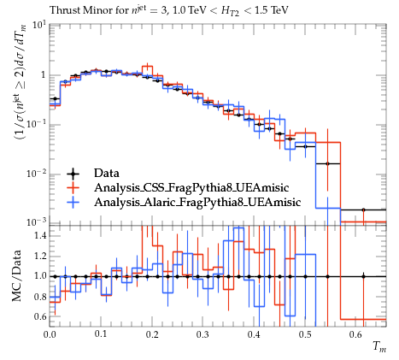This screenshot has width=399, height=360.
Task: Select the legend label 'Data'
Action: (107, 173)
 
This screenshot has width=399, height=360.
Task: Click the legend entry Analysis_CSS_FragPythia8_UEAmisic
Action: (191, 187)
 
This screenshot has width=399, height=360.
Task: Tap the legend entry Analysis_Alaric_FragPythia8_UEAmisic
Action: (197, 202)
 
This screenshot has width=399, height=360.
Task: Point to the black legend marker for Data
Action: (73, 174)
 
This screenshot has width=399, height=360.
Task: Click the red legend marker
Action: (73, 187)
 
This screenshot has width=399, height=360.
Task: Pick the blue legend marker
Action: (73, 202)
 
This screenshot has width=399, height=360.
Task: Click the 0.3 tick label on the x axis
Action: (202, 334)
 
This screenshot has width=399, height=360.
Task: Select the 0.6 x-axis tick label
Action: (356, 334)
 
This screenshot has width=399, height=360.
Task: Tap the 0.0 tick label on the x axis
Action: (50, 334)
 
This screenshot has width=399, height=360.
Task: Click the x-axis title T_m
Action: (380, 346)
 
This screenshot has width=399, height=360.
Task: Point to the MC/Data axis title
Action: (16, 275)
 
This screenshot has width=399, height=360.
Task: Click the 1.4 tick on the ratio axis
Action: (40, 236)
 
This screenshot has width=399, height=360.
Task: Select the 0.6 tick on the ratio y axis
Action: (40, 316)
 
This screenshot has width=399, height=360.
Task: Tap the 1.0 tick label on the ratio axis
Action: (40, 276)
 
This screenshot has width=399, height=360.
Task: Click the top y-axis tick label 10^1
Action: (39, 25)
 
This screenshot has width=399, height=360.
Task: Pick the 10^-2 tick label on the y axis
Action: (37, 174)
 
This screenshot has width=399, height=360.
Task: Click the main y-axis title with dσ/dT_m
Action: (21, 82)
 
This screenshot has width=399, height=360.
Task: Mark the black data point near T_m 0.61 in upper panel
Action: (363, 210)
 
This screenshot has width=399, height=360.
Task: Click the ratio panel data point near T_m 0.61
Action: (363, 276)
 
